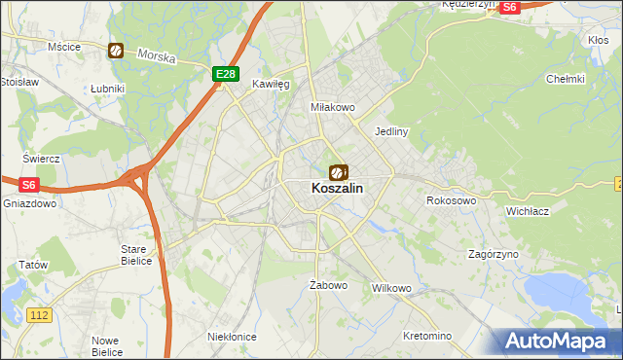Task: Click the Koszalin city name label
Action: tap(339, 191)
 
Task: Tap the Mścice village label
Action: tap(64, 46)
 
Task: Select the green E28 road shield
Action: tap(225, 73)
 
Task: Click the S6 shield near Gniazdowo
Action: tap(28, 183)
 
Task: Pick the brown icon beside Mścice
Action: tap(116, 51)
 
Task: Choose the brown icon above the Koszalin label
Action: tap(338, 172)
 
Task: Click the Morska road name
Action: tap(157, 56)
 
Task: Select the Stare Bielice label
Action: tap(134, 254)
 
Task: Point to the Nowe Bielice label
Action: tap(106, 345)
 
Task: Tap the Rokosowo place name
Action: tap(451, 200)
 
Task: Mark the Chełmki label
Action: tap(565, 79)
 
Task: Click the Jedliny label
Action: tap(390, 130)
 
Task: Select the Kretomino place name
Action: tap(426, 336)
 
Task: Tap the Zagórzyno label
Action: tap(494, 253)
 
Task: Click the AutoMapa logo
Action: tap(558, 342)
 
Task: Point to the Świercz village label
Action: tap(43, 158)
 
